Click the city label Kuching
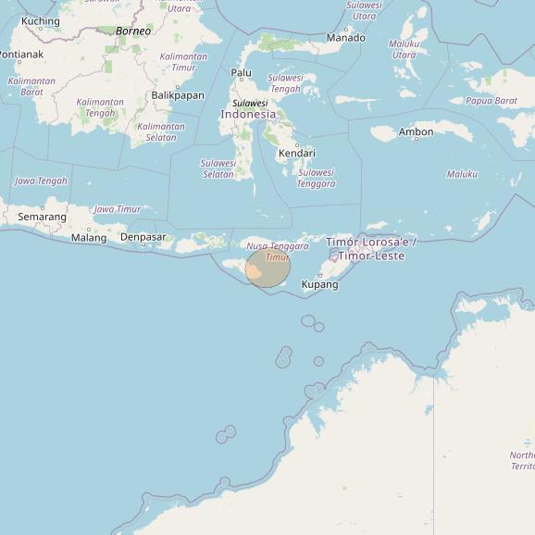pos(40,21)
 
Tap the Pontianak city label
pos(20,55)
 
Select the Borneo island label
pos(133,31)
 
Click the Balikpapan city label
pos(178,95)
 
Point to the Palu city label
pos(241,72)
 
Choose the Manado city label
pos(345,38)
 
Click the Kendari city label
pos(297,153)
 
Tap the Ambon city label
pos(416,132)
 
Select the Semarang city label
pos(42,217)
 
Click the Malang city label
pos(89,238)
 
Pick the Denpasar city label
pos(143,237)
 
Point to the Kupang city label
pos(320,284)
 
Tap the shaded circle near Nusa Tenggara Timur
pos(267,267)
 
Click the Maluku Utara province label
pos(404,49)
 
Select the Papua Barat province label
pos(491,101)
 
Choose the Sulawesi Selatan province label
pos(218,168)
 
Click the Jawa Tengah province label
pos(41,180)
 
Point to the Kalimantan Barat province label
pos(31,87)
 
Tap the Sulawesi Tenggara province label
pos(316,178)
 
